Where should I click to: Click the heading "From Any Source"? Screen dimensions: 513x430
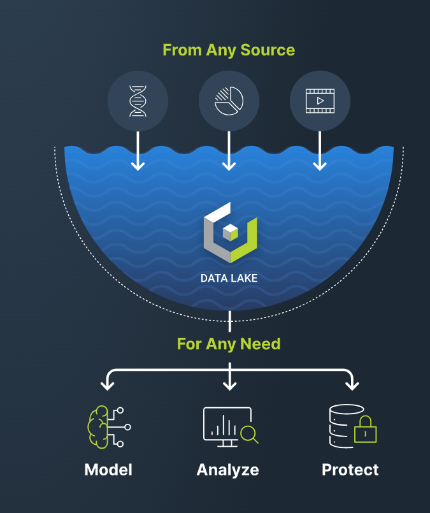click(x=229, y=50)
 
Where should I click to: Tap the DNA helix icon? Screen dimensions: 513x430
click(x=138, y=101)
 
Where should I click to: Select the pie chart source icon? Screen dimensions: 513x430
click(x=229, y=101)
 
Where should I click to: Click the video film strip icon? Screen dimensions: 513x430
click(x=320, y=101)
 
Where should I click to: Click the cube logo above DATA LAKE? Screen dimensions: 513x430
click(x=229, y=232)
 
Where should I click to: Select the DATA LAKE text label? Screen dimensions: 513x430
click(x=229, y=278)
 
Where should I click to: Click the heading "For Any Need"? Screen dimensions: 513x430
click(x=229, y=344)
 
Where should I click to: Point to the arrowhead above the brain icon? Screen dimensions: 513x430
click(x=108, y=385)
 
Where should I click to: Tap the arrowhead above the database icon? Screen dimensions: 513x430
click(x=351, y=385)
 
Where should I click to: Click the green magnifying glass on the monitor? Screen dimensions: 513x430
click(x=249, y=434)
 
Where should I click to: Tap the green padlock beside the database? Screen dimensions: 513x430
click(x=366, y=430)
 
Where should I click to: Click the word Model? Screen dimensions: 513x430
click(x=108, y=470)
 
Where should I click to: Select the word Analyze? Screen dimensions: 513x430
click(x=228, y=470)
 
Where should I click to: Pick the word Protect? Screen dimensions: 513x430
click(x=350, y=470)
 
